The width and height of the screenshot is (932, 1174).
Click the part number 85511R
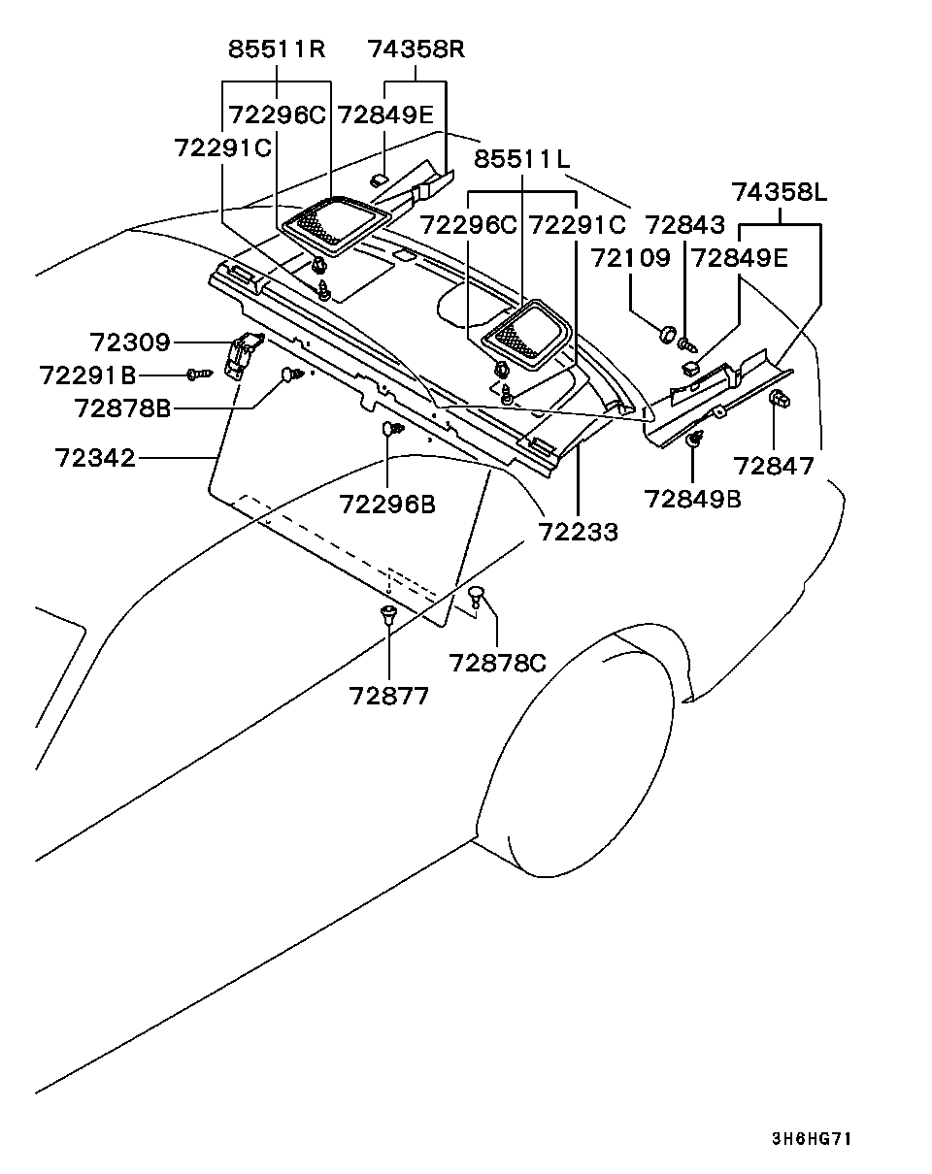277,49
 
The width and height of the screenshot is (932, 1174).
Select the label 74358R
416,49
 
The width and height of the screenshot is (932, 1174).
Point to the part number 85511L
522,158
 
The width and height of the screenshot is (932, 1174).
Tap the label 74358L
780,192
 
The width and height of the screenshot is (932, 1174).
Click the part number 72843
685,225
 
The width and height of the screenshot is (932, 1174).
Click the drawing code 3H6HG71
811,1139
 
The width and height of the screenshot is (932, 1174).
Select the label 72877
388,696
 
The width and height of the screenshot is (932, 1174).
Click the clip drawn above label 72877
388,614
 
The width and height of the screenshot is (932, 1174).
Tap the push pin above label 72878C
477,596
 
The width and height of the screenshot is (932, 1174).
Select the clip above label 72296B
390,429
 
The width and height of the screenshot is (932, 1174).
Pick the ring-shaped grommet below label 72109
667,334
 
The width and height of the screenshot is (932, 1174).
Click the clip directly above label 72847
778,399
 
